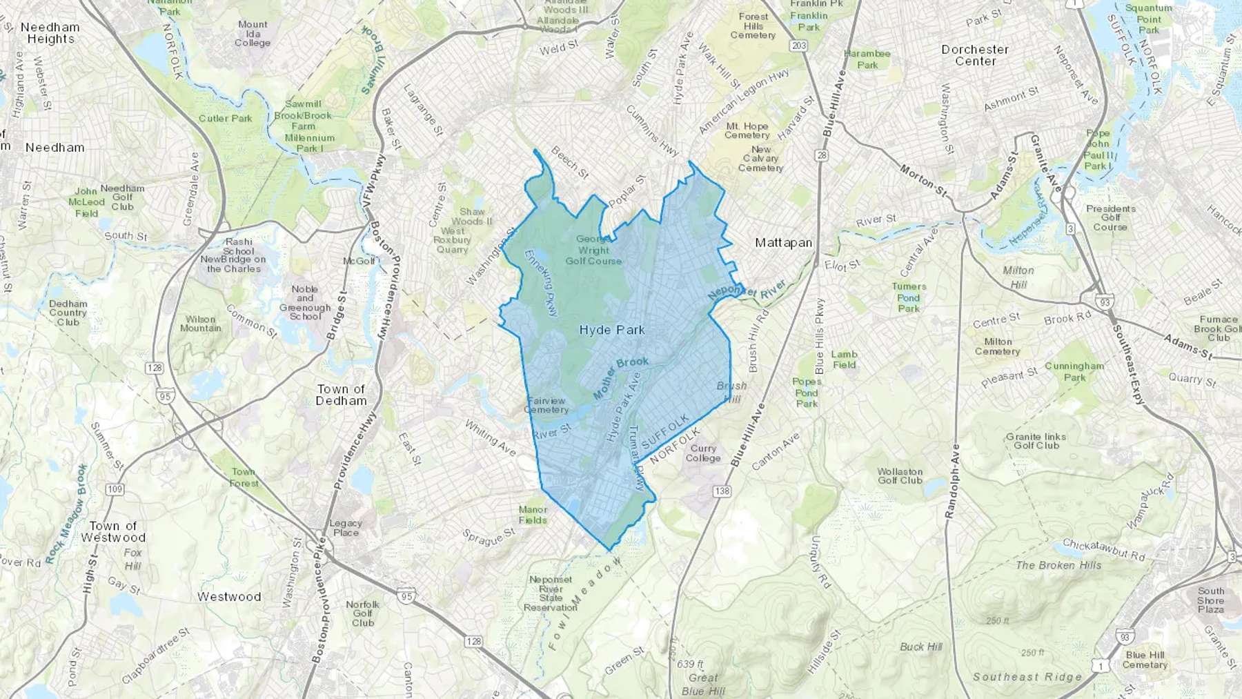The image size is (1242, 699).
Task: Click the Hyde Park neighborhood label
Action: click(612, 331)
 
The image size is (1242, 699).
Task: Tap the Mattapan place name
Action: click(783, 243)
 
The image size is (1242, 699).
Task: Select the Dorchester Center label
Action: click(975, 55)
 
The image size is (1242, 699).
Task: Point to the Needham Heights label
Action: click(50, 33)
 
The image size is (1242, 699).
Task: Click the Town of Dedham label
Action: click(341, 395)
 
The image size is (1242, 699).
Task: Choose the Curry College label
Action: click(703, 453)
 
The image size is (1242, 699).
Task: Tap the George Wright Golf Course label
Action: click(593, 250)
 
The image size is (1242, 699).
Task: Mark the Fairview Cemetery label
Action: click(546, 405)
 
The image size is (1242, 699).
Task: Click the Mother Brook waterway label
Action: click(621, 378)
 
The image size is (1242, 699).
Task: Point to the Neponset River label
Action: click(747, 289)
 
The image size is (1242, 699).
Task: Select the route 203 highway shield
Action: click(799, 46)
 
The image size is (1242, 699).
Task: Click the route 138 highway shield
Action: click(722, 491)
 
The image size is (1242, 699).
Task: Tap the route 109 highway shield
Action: click(115, 489)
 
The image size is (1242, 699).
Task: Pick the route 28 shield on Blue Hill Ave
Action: click(821, 155)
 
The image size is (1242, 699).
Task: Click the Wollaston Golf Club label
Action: click(900, 476)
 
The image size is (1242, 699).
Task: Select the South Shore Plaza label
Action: click(1211, 600)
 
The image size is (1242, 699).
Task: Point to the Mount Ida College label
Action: click(253, 33)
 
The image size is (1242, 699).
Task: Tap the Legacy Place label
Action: click(346, 528)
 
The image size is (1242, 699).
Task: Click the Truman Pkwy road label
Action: click(640, 458)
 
